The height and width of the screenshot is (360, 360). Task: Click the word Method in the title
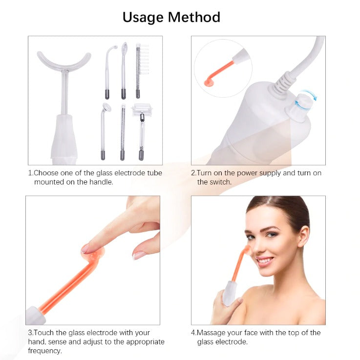click(x=194, y=18)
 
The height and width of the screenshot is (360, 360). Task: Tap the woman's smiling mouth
click(x=264, y=261)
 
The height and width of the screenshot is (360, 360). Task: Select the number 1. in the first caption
click(x=30, y=173)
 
